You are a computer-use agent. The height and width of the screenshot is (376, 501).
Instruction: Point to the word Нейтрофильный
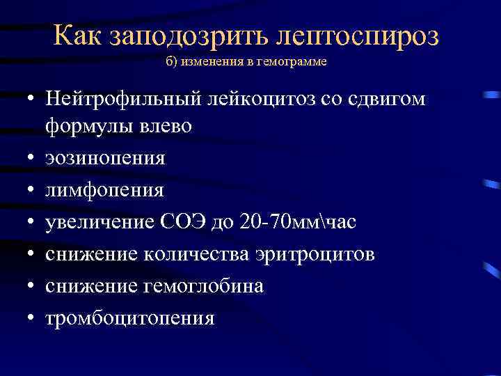coord(122,100)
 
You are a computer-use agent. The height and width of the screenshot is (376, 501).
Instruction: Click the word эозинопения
coord(105,158)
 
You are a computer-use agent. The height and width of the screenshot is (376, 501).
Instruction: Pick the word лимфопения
coord(104,190)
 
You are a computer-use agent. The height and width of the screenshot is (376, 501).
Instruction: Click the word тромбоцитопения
coord(130,318)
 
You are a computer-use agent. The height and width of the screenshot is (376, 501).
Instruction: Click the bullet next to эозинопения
coord(33,159)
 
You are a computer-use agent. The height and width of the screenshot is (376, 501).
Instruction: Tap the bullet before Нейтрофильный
coord(33,100)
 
